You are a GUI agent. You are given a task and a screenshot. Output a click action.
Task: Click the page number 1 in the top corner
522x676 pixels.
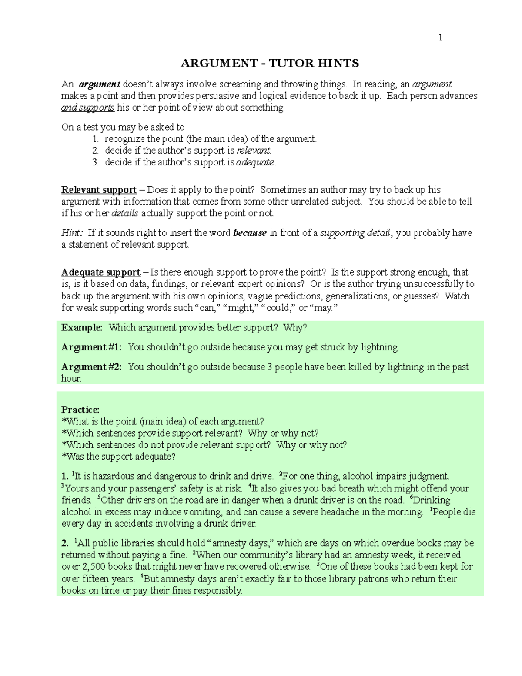click(x=440, y=38)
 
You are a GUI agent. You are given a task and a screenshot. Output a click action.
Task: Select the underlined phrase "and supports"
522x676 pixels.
click(x=88, y=108)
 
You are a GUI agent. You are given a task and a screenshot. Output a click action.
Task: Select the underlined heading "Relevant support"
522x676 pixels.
click(x=99, y=190)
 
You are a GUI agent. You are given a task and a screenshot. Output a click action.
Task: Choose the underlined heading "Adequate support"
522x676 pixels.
click(x=100, y=272)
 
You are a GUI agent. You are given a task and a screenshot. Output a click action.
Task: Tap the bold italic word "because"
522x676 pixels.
click(x=250, y=233)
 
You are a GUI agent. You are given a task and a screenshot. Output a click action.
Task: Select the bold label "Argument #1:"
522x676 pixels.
click(x=91, y=347)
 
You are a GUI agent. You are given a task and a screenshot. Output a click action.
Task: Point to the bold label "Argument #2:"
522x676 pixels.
click(x=91, y=367)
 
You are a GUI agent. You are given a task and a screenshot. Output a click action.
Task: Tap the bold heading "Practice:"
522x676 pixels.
click(x=80, y=410)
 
